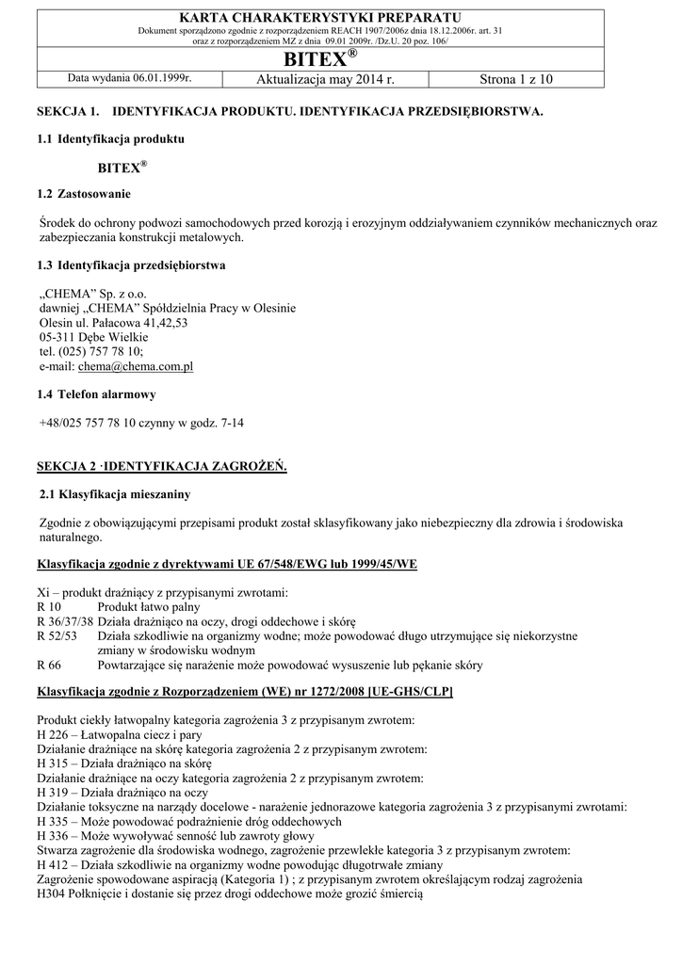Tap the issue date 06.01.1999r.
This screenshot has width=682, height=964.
[x=154, y=80]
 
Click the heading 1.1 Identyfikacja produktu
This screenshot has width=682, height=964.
[x=110, y=139]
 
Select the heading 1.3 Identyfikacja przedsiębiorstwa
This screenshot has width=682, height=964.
[x=131, y=265]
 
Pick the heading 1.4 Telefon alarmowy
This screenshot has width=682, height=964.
[x=96, y=394]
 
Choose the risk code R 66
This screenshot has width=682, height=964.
[x=49, y=666]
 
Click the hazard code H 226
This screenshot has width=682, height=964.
[x=56, y=734]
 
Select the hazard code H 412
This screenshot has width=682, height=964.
[x=56, y=865]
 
